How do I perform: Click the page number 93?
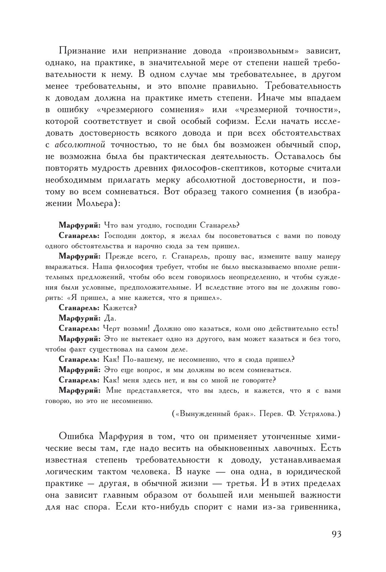click(336, 534)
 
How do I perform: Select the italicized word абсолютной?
click(80, 145)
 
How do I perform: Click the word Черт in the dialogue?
click(114, 328)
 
